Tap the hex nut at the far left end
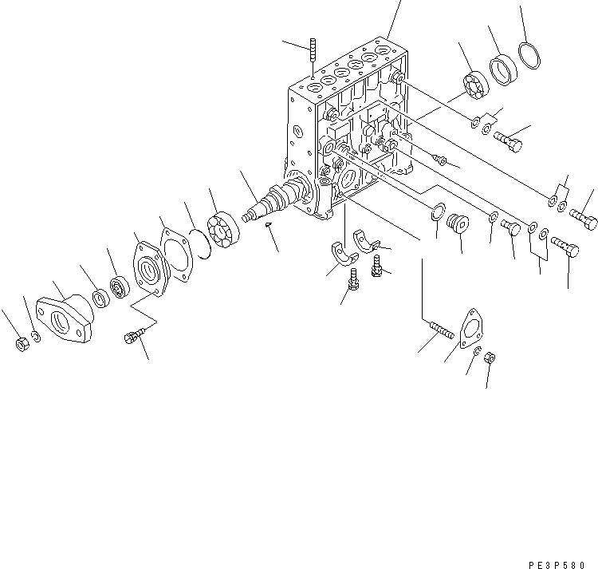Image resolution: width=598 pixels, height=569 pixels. tap(21, 344)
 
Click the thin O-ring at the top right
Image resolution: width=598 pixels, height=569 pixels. tap(529, 55)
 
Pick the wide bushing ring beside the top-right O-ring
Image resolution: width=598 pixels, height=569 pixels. tap(504, 70)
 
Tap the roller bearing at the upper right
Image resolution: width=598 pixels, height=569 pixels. tap(474, 85)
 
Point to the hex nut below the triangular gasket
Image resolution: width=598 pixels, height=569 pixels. tap(491, 360)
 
